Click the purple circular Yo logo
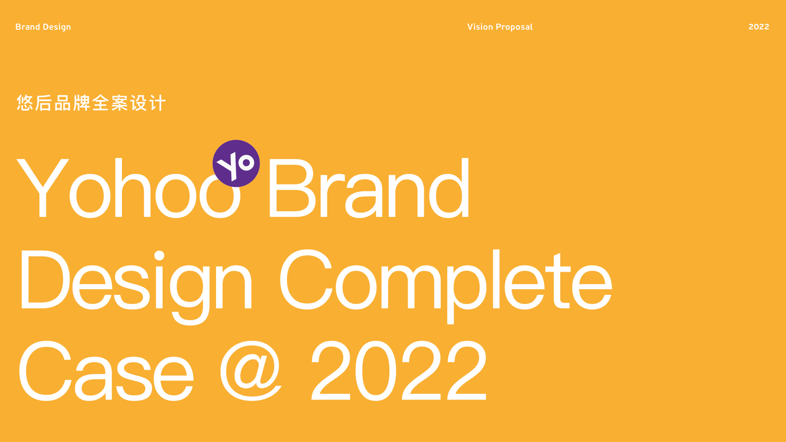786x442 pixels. click(x=236, y=163)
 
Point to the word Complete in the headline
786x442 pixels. click(x=446, y=287)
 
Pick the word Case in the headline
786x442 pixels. click(x=106, y=371)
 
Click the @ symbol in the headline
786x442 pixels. click(x=251, y=371)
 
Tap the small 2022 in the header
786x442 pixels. click(x=759, y=27)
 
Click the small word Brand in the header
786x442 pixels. click(x=28, y=27)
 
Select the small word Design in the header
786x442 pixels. click(x=57, y=27)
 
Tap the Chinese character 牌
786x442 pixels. click(x=82, y=103)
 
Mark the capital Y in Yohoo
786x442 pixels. click(x=43, y=188)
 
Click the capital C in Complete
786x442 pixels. click(x=306, y=279)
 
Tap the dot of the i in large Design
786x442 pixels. click(x=159, y=256)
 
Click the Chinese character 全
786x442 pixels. click(x=100, y=103)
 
